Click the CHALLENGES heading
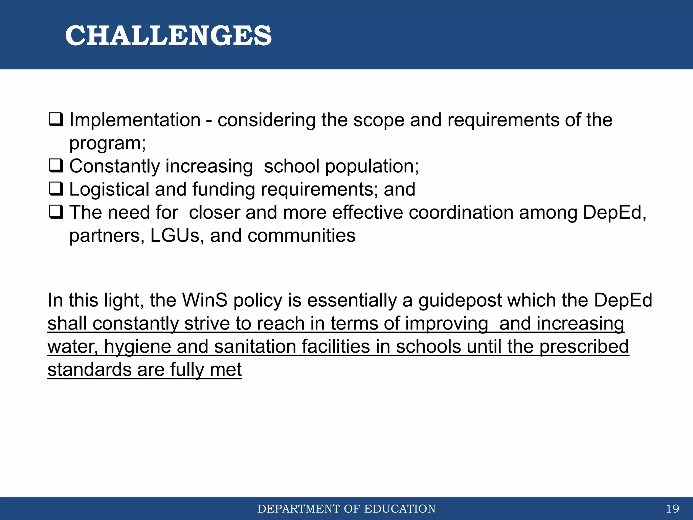(168, 36)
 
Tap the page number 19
(672, 508)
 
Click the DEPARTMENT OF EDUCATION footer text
(346, 509)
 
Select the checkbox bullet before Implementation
(56, 120)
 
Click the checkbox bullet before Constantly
(56, 166)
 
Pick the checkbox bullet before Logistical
(56, 189)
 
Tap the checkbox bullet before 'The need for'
(56, 212)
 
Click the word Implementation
(135, 120)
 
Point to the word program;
(107, 144)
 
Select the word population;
(372, 167)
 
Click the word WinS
(205, 300)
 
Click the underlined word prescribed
(584, 347)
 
